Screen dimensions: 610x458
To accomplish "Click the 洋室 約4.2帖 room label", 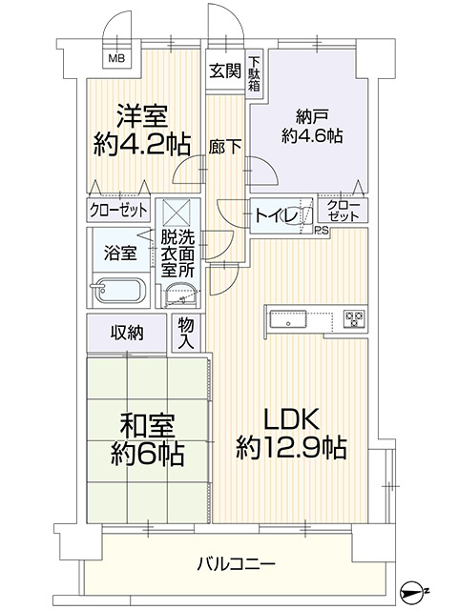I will pos(142,131).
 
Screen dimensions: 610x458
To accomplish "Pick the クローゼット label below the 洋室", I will pos(118,211).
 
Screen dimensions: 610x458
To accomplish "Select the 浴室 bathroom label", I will pos(119,254).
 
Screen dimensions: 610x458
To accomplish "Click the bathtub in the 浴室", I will pos(118,290).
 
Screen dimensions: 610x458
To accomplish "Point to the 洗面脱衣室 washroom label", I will pos(178,254).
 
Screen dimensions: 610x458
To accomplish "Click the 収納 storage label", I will pos(127,333).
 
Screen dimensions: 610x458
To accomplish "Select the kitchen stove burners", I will pos(352,318).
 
